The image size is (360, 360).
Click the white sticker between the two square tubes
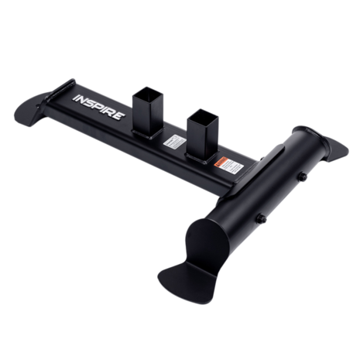click(x=173, y=144)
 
